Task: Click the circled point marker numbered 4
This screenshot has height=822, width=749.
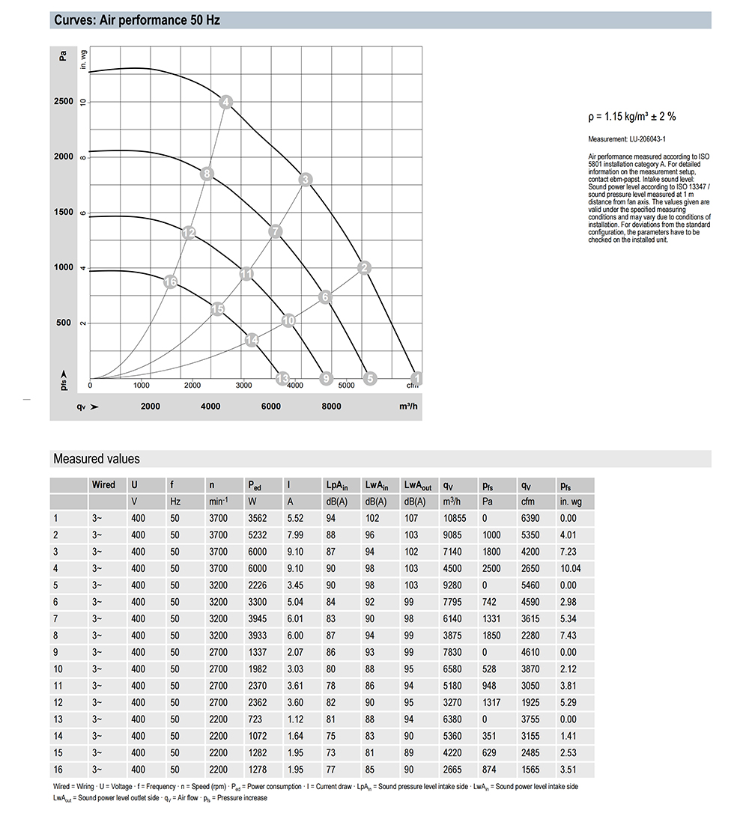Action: click(227, 102)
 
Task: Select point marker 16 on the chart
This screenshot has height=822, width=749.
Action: click(171, 281)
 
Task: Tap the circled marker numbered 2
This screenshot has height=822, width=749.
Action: click(365, 268)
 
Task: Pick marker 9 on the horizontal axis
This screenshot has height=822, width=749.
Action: click(325, 379)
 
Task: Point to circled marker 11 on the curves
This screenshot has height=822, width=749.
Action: click(247, 274)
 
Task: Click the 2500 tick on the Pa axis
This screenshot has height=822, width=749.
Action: click(64, 101)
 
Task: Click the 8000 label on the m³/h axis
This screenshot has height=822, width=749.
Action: click(331, 407)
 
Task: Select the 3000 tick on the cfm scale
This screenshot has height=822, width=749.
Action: click(243, 386)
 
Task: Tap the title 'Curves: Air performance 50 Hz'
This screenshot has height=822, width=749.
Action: click(137, 20)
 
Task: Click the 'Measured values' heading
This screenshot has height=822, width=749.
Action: click(97, 459)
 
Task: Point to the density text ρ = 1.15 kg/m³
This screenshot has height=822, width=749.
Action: click(632, 116)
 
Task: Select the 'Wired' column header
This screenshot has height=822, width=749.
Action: click(103, 485)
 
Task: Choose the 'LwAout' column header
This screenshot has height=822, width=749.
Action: click(417, 485)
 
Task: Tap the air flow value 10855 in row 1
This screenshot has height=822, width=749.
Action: click(455, 518)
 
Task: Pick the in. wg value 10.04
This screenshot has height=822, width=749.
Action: click(571, 567)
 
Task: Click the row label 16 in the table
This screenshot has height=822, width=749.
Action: click(57, 770)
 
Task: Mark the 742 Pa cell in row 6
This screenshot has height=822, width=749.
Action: click(490, 602)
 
